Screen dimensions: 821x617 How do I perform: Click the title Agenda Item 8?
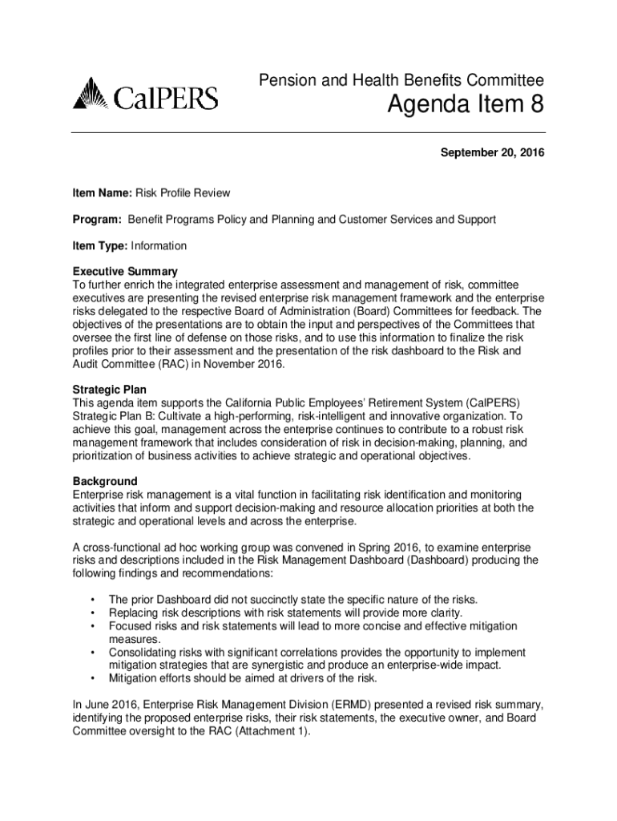click(x=466, y=105)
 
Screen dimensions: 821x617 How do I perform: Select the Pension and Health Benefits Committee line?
click(x=401, y=80)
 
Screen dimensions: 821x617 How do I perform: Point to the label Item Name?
click(x=102, y=193)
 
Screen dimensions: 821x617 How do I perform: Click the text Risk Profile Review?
click(x=183, y=193)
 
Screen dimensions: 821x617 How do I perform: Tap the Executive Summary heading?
click(x=125, y=271)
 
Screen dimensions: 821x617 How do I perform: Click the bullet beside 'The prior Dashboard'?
click(x=94, y=599)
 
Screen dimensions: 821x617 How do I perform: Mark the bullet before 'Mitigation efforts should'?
click(x=94, y=677)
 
